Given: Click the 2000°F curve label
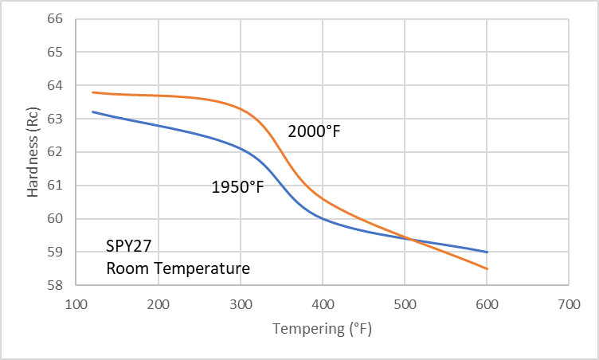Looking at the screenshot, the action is tap(314, 131).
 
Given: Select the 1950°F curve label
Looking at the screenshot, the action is tap(237, 187).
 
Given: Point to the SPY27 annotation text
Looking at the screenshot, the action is tap(129, 246).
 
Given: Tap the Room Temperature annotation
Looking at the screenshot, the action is tap(178, 268).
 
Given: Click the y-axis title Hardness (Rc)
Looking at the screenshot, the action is tap(33, 152).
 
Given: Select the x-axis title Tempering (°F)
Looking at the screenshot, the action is tap(322, 329).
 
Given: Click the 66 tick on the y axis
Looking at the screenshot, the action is tap(55, 19).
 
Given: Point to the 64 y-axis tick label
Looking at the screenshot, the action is tap(55, 85).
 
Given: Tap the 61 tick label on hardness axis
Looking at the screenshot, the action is tap(55, 186).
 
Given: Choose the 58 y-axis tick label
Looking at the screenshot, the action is tap(55, 285).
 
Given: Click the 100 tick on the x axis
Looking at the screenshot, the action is tap(76, 304).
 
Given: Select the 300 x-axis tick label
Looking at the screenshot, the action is tap(241, 304).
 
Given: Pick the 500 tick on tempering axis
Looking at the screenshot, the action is tap(405, 304).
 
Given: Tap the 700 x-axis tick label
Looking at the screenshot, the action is tap(570, 304).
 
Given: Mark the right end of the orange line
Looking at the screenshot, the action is tap(487, 268).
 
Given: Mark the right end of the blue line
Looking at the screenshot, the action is tap(487, 252).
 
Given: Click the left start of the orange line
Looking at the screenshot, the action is tap(93, 92).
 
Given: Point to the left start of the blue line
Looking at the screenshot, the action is tap(93, 112).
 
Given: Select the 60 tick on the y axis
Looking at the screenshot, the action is tap(55, 218).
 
